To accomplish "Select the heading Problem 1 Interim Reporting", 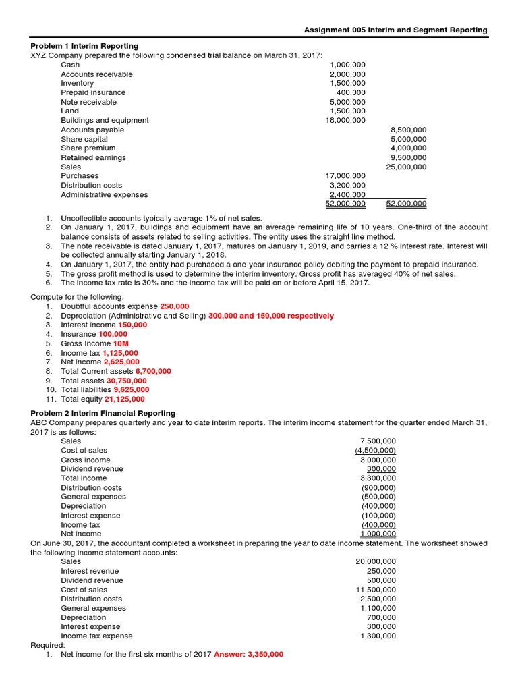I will click(84, 46).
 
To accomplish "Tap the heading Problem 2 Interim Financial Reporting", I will click(103, 413).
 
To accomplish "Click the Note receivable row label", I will click(88, 102).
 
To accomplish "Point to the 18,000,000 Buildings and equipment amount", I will click(345, 120).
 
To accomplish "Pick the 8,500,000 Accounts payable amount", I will click(408, 130).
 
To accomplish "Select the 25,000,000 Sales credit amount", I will click(406, 167).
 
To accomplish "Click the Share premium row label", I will click(88, 148).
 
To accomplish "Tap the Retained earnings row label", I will click(93, 157).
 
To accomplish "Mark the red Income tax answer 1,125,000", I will click(120, 353).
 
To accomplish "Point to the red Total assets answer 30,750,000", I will click(126, 381).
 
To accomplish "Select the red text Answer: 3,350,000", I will click(248, 655).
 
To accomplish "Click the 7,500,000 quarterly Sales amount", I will click(378, 441).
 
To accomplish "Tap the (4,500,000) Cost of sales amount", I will click(376, 450).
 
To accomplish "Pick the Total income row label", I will click(84, 478).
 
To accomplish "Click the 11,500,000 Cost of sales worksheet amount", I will click(376, 589).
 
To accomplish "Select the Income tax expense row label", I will click(96, 636).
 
